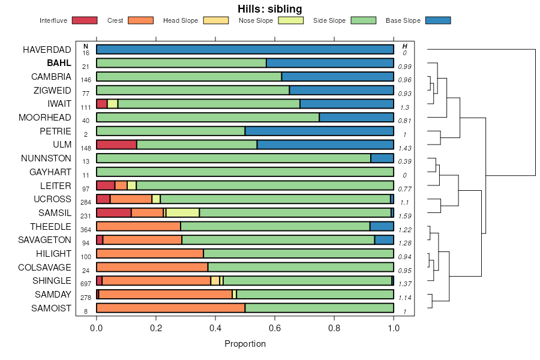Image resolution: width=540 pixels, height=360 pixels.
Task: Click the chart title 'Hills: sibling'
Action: [269, 9]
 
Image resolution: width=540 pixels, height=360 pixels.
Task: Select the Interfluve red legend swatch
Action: [84, 20]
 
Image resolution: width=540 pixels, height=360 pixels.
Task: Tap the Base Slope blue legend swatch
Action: [437, 20]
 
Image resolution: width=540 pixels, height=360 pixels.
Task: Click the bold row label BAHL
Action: [60, 63]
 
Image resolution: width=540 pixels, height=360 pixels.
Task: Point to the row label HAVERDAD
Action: [47, 49]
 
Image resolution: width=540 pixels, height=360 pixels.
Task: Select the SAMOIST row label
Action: [52, 308]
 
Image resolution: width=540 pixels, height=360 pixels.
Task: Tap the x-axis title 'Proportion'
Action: [245, 344]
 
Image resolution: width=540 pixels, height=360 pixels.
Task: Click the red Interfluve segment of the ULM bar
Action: [116, 145]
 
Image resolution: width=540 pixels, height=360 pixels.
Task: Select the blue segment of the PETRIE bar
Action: [319, 131]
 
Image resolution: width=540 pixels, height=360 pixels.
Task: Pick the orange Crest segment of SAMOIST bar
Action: [170, 308]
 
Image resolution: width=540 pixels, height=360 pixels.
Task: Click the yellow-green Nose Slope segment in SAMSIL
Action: [182, 212]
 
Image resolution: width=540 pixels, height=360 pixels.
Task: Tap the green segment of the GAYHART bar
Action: [245, 172]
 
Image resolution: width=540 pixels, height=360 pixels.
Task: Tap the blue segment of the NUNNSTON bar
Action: [382, 158]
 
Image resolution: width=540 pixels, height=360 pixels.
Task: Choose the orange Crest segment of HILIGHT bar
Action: [150, 254]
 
